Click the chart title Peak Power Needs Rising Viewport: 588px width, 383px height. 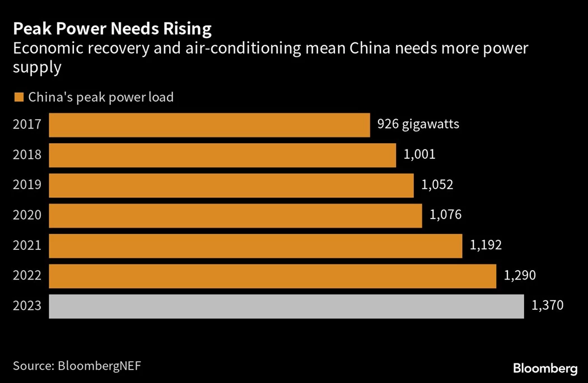pos(113,29)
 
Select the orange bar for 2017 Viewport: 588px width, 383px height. pos(209,125)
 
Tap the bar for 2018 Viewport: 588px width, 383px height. pos(222,155)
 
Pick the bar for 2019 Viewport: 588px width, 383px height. pos(231,185)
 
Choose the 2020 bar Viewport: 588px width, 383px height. pos(235,215)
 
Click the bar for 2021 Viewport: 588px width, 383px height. pos(255,245)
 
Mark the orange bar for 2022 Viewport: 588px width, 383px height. pos(272,276)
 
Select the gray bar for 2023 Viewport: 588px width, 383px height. pos(286,306)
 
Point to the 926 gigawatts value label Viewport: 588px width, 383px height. pos(418,124)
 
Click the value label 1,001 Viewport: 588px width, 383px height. pos(419,154)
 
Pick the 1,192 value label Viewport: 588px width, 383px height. pos(486,245)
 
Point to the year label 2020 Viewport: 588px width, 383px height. pos(27,215)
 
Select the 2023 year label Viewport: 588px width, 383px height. pos(27,306)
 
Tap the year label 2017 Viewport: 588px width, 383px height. pos(27,124)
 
